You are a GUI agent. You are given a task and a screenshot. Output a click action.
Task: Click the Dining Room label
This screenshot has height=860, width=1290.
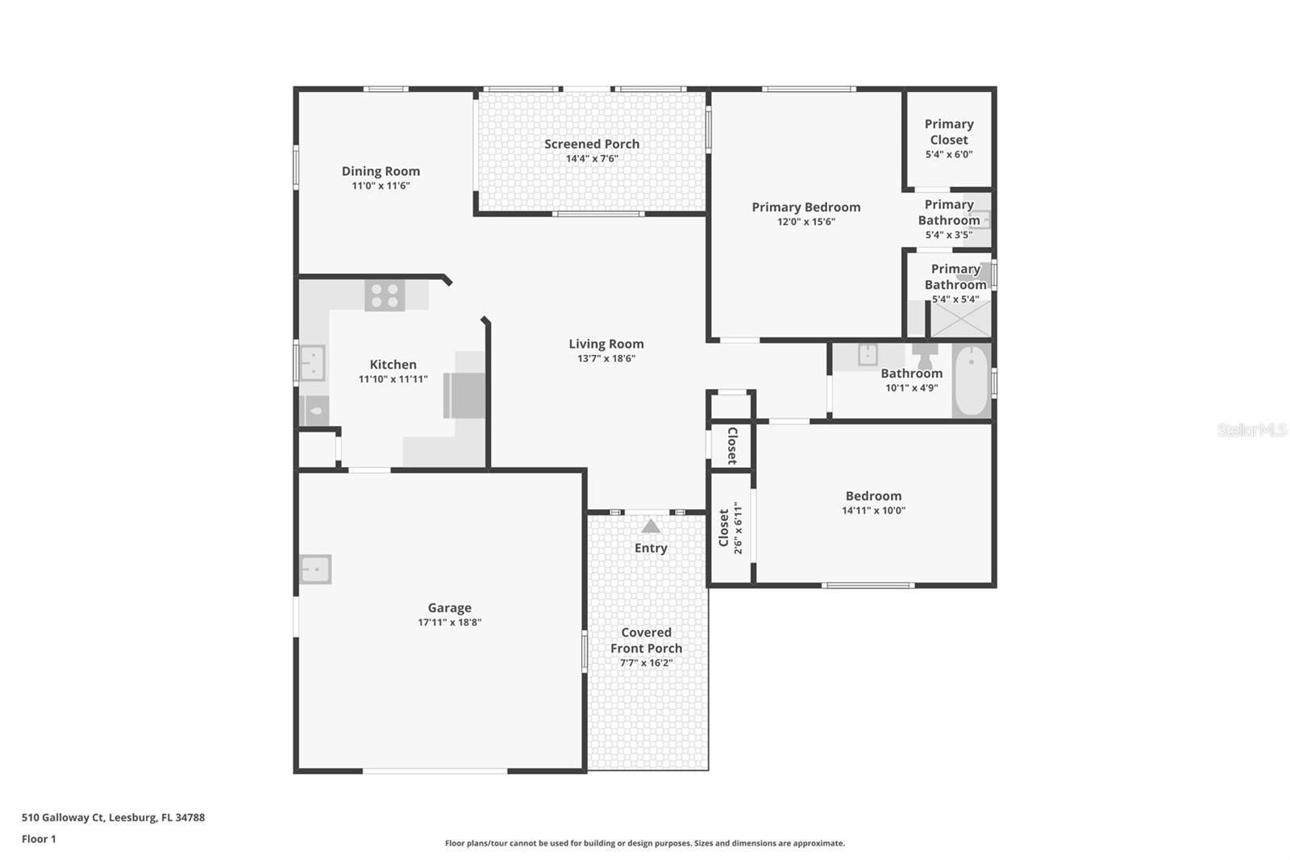pyautogui.click(x=381, y=171)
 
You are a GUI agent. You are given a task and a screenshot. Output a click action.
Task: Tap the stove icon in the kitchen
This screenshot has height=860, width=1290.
pyautogui.click(x=385, y=295)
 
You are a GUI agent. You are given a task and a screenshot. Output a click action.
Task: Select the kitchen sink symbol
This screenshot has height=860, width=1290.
pyautogui.click(x=312, y=363)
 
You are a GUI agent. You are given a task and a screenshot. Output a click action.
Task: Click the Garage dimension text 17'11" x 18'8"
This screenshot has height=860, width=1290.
pyautogui.click(x=449, y=623)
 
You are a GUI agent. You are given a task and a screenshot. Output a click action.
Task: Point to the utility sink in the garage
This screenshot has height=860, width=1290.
pyautogui.click(x=315, y=570)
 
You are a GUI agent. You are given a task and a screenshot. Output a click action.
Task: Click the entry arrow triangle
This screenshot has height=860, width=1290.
pyautogui.click(x=651, y=527)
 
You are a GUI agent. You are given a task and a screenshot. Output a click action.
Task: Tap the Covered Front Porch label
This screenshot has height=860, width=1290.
pyautogui.click(x=646, y=641)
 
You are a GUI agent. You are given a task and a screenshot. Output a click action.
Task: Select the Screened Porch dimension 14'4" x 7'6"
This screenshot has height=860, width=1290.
pyautogui.click(x=592, y=159)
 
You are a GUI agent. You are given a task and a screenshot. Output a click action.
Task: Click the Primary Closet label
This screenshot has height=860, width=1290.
pyautogui.click(x=949, y=132)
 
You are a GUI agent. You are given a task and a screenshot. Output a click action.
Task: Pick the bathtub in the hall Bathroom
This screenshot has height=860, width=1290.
pyautogui.click(x=972, y=380)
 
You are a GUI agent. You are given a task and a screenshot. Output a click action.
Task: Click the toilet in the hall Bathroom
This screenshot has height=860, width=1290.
pyautogui.click(x=924, y=356)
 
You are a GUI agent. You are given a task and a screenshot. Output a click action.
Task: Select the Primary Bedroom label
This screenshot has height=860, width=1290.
pyautogui.click(x=805, y=207)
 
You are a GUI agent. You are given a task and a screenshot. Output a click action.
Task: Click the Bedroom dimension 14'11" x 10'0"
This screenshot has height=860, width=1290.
pyautogui.click(x=873, y=511)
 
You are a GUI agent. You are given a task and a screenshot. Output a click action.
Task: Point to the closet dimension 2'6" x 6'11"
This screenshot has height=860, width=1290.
pyautogui.click(x=737, y=528)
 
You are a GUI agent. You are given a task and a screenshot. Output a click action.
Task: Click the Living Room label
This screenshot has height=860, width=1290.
pyautogui.click(x=606, y=344)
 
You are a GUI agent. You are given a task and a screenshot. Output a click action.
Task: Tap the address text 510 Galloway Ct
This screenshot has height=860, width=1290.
pyautogui.click(x=113, y=817)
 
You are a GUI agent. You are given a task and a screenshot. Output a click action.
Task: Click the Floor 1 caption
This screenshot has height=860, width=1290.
pyautogui.click(x=39, y=839)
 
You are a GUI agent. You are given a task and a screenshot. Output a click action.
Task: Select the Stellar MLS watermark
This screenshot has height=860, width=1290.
pyautogui.click(x=1251, y=430)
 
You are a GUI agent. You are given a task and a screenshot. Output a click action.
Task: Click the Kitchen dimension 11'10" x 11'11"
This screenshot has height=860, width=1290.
pyautogui.click(x=393, y=379)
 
